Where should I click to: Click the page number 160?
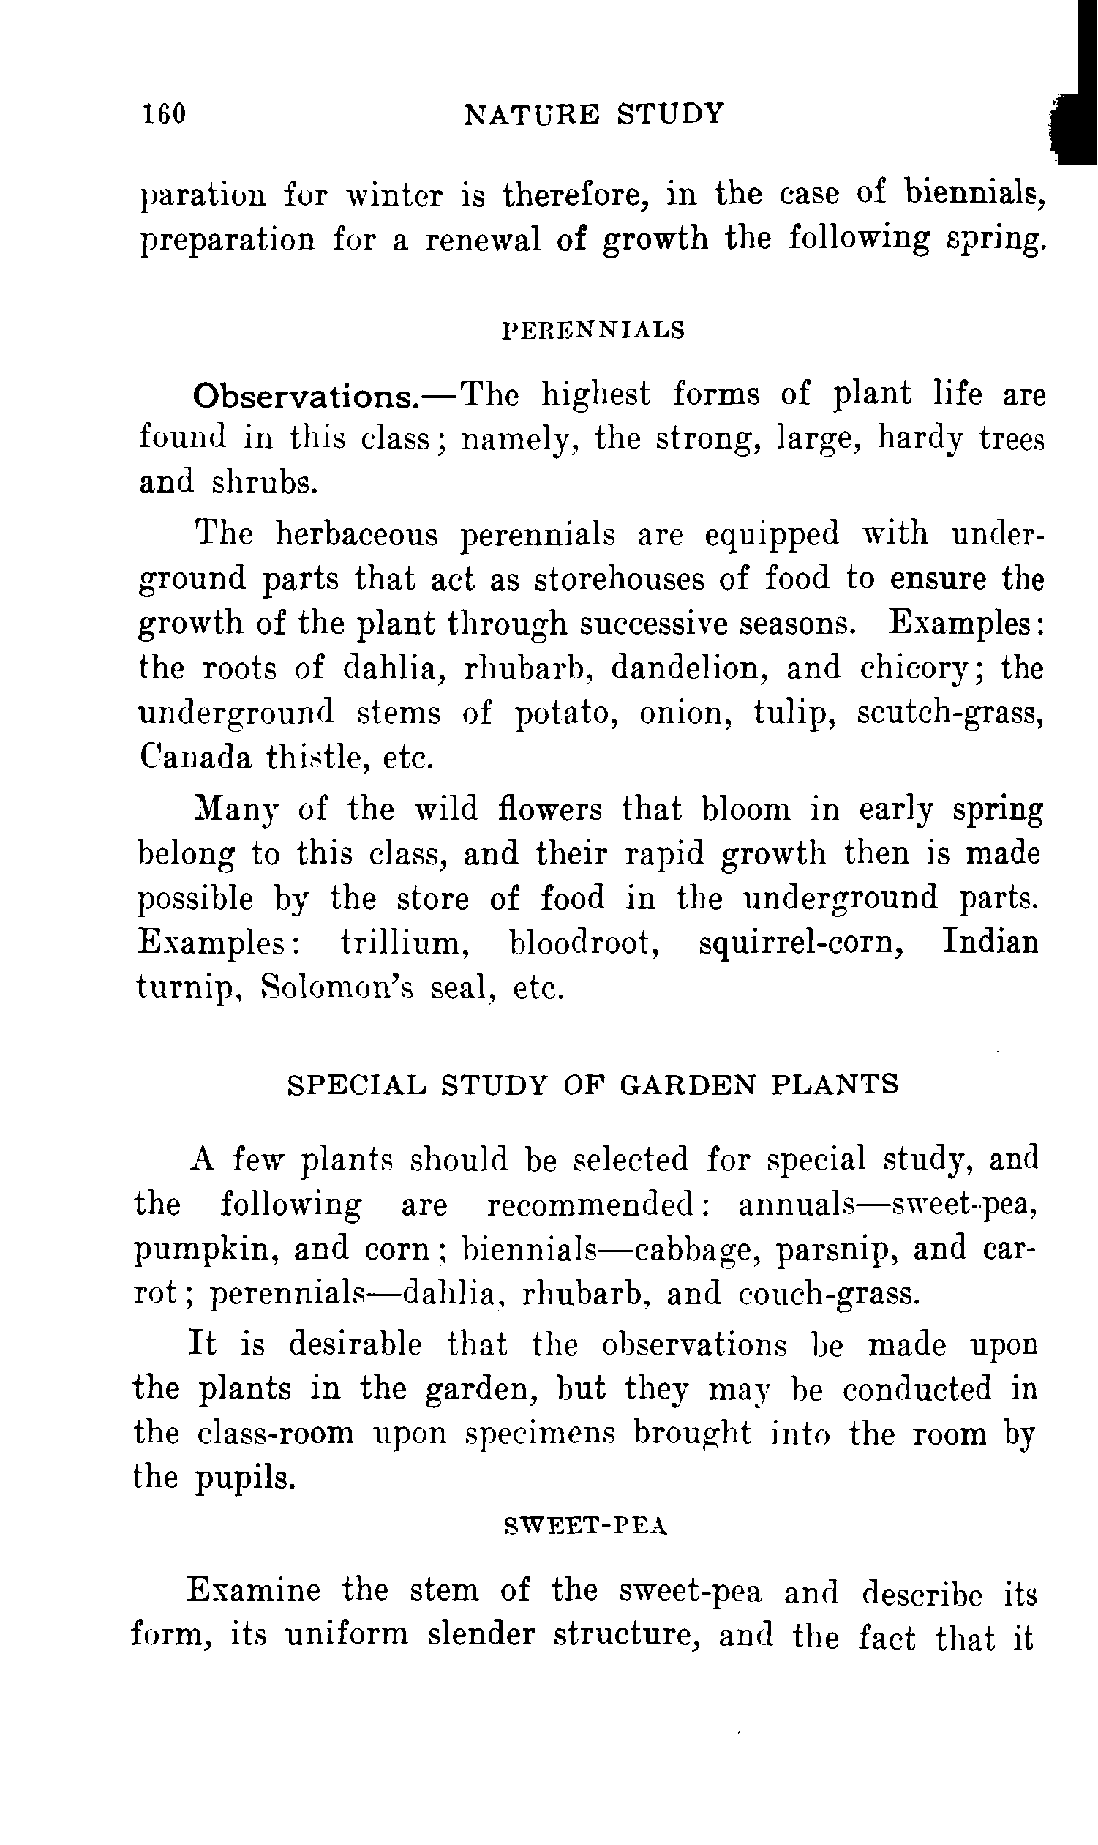coord(164,114)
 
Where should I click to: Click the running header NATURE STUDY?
coord(593,114)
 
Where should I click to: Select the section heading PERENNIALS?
coord(593,330)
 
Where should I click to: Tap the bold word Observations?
coord(306,397)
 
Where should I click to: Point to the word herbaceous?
coord(357,534)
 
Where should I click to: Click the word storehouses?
coord(620,579)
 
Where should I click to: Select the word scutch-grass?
coord(951,714)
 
